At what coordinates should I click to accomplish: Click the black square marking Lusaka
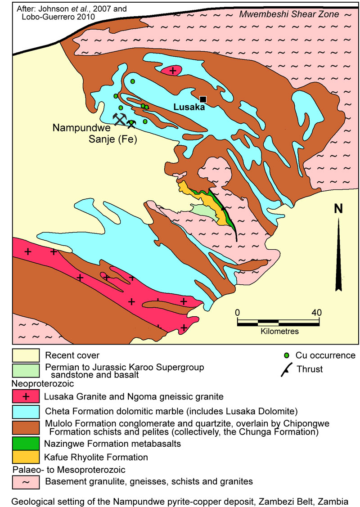tap(203, 99)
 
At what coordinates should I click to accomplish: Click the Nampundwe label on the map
tap(81, 128)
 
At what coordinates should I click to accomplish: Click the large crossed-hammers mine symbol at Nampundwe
tap(119, 119)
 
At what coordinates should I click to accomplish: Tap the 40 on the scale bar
tap(316, 313)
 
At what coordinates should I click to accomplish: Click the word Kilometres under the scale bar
tap(279, 332)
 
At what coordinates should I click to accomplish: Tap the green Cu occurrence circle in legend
tap(287, 355)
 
